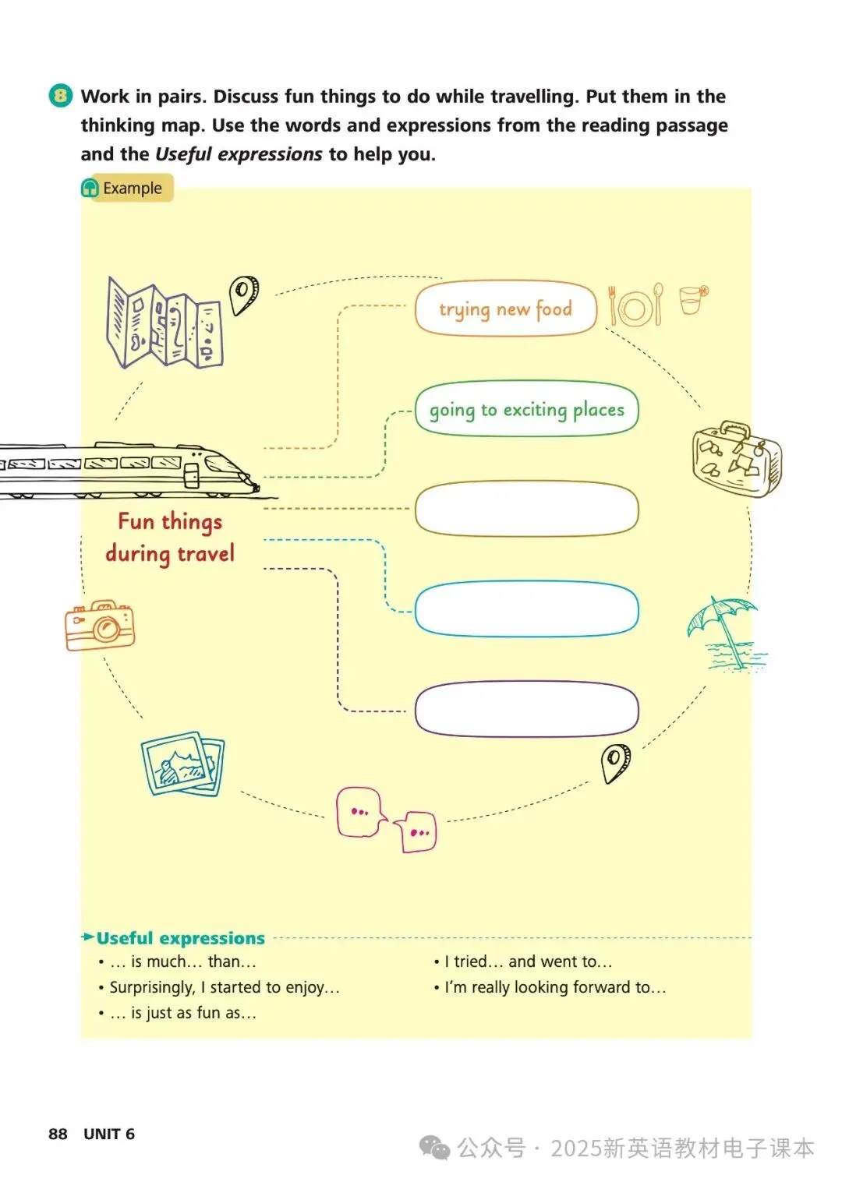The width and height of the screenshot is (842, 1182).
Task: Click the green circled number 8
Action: coord(61,96)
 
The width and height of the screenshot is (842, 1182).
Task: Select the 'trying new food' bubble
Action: coord(505,309)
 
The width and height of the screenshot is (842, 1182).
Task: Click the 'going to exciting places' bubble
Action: coord(527,409)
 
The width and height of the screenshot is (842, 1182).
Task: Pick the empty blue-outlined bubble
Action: coord(527,609)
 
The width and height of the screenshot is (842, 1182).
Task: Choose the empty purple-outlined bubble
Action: coord(527,708)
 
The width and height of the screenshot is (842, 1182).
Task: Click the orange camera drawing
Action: coord(100,625)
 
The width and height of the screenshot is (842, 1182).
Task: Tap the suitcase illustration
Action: coord(736,459)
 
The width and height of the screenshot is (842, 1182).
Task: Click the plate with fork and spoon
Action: coord(635,305)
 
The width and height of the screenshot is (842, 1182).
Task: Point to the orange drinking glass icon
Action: coord(692,299)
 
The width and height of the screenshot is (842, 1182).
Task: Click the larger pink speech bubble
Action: coord(360,811)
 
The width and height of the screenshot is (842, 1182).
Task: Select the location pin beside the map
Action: coord(244,295)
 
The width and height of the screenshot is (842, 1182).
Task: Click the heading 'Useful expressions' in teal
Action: coord(180,938)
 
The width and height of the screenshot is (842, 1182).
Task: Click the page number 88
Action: coord(58,1134)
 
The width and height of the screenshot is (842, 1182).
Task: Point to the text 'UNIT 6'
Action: coord(109,1134)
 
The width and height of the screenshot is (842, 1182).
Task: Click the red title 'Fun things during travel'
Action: coord(170,537)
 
